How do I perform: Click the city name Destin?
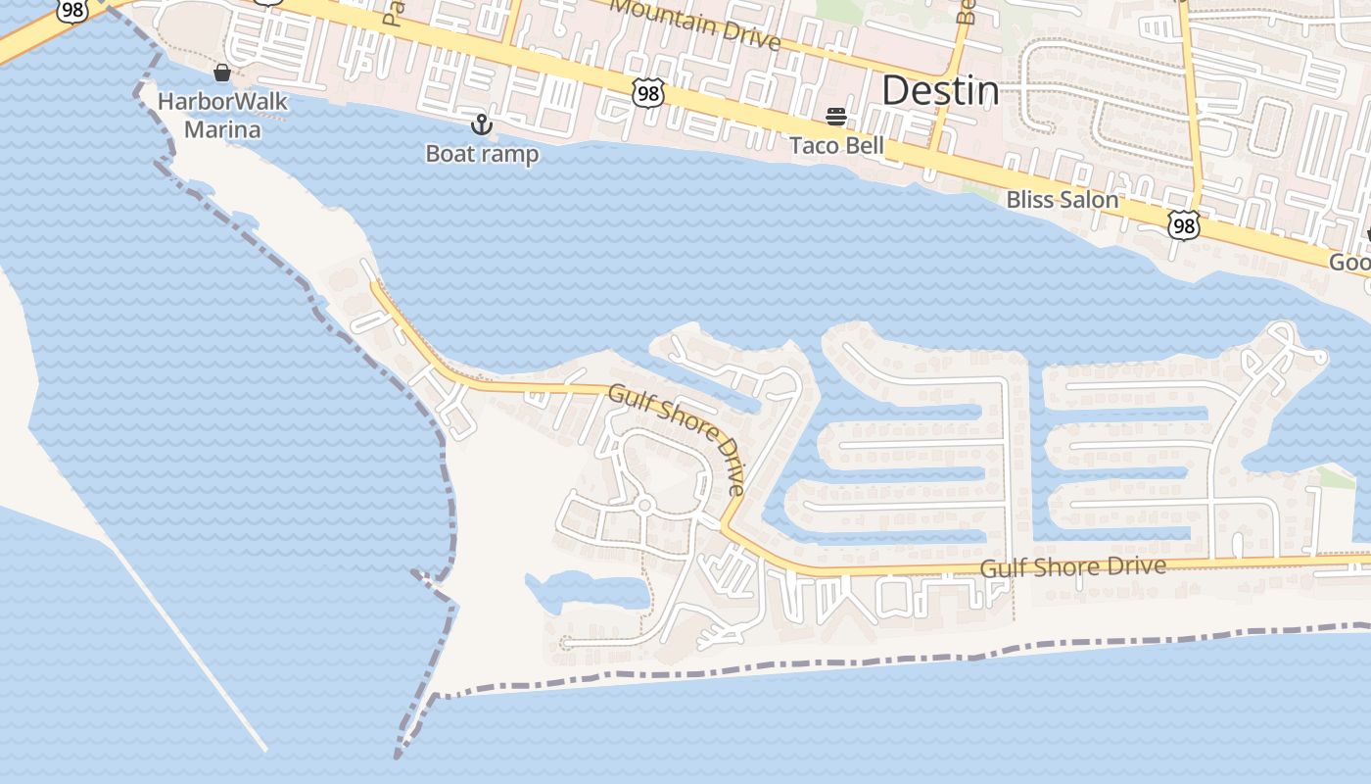click(x=940, y=91)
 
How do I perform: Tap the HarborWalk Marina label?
click(x=223, y=116)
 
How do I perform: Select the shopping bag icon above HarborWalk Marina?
click(x=222, y=73)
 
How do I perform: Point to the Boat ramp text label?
click(x=482, y=154)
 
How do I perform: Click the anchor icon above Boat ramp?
click(x=481, y=124)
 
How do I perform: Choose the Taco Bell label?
click(x=837, y=146)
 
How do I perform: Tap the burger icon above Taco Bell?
click(x=836, y=117)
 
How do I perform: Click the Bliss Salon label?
click(x=1063, y=200)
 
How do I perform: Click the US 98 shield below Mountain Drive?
click(x=648, y=93)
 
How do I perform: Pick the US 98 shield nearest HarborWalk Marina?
click(x=71, y=9)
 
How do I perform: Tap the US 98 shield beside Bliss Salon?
click(x=1184, y=225)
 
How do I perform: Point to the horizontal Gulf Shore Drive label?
click(x=1073, y=566)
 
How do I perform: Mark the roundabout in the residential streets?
click(x=643, y=506)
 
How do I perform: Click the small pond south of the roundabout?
click(x=588, y=592)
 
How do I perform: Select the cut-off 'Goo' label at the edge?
click(x=1349, y=263)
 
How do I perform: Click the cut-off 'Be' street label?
click(x=968, y=12)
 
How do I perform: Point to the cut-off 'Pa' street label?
click(x=396, y=12)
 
